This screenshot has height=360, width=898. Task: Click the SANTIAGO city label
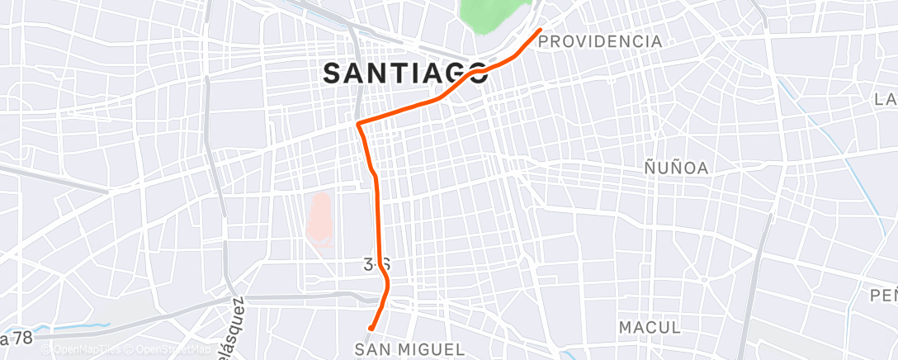[404, 73]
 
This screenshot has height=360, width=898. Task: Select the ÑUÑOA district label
[676, 168]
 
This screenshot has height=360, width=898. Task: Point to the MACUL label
[650, 327]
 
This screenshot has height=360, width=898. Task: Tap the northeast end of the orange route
[541, 31]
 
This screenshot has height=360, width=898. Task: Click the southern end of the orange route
[371, 328]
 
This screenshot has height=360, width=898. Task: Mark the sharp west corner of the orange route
[357, 124]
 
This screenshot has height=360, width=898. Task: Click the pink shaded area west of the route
[320, 219]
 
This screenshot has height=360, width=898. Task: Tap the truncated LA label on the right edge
[886, 100]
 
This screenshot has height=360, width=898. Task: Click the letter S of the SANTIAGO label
[332, 73]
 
